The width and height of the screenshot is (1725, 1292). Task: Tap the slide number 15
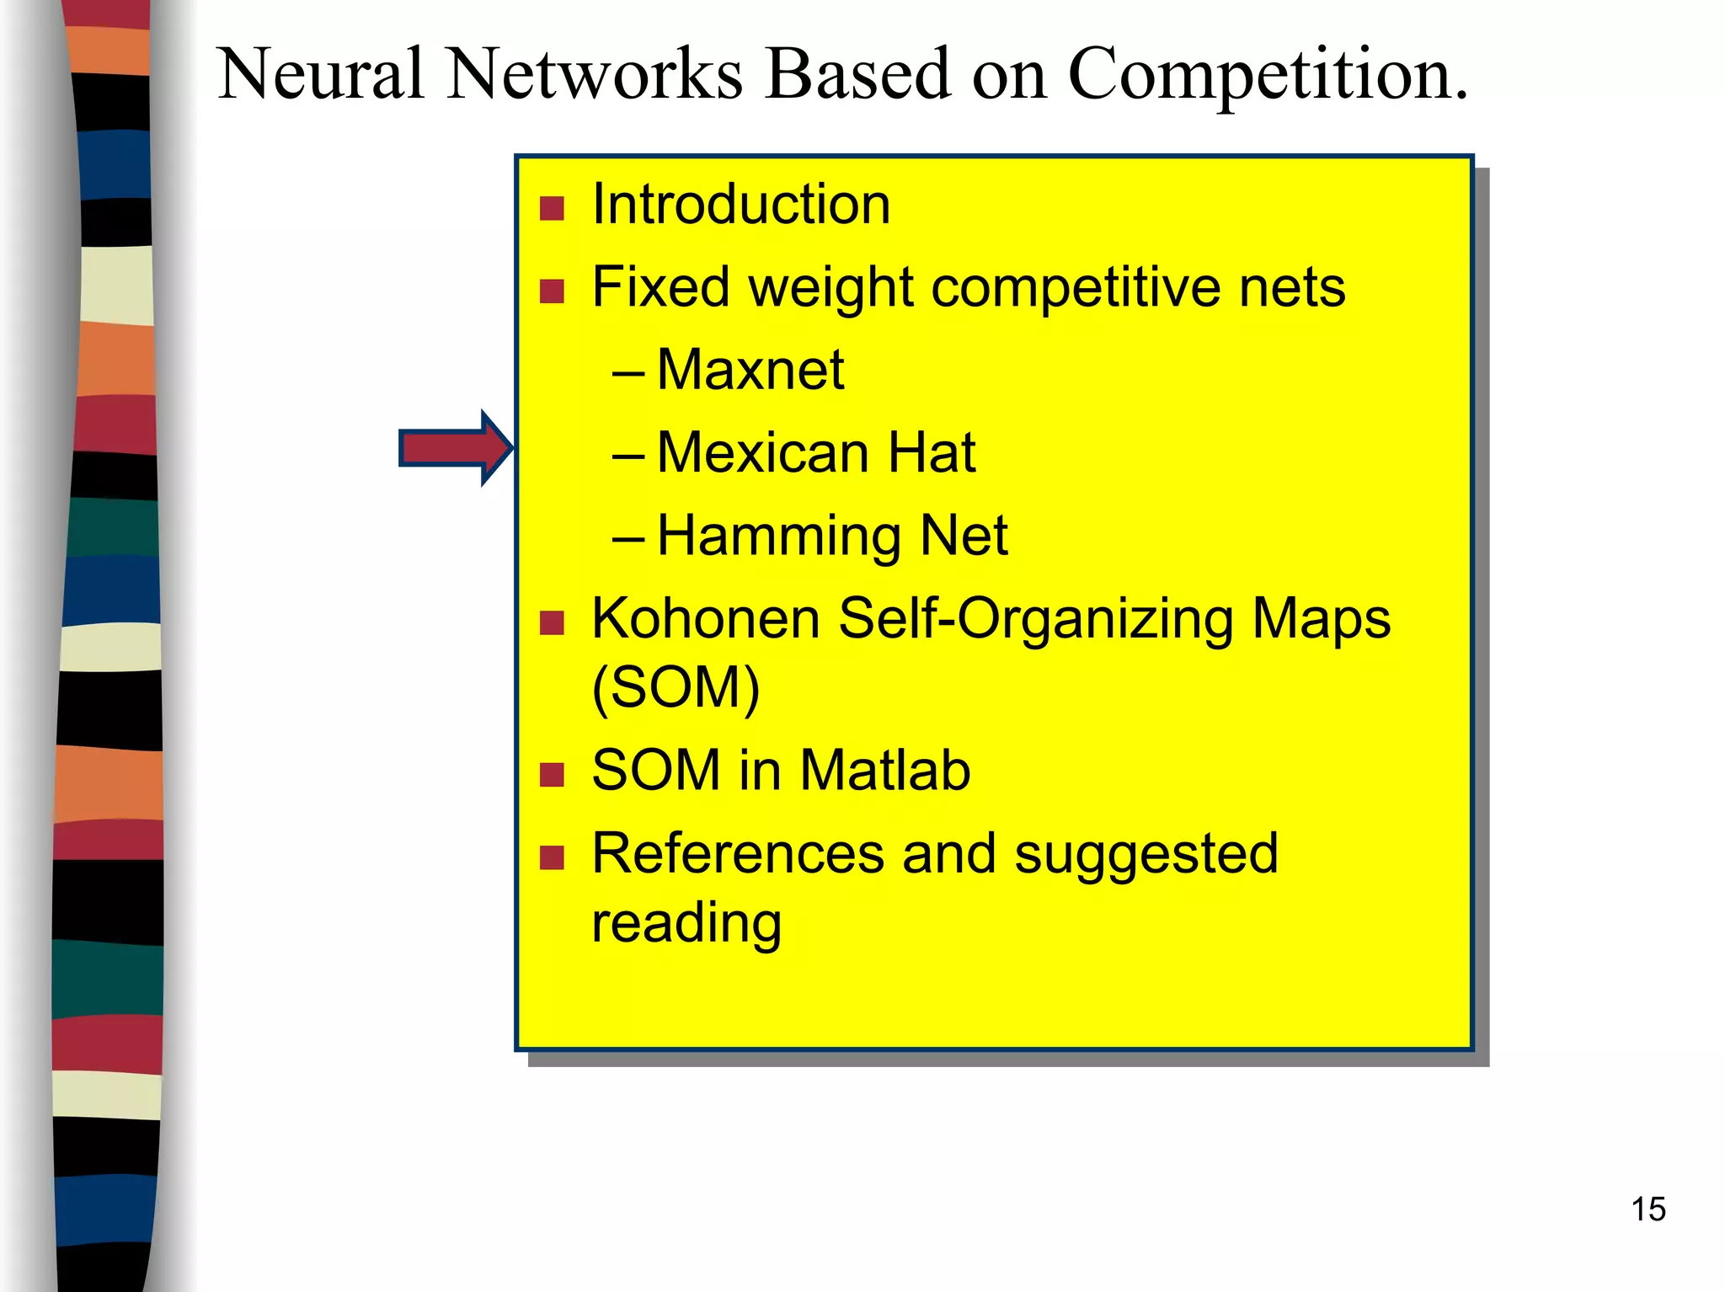[1648, 1209]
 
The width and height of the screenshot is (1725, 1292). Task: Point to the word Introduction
[740, 205]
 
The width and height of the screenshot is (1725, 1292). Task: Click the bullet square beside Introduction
[552, 208]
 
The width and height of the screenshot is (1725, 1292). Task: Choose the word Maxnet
[750, 370]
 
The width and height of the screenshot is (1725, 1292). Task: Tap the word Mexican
[762, 453]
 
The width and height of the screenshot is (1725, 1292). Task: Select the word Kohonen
[706, 619]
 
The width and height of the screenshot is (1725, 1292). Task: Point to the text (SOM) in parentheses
[676, 688]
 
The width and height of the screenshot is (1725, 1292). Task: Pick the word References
[738, 854]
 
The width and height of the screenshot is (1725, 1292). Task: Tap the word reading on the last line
[686, 924]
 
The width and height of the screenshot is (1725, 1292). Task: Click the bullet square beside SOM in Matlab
[552, 774]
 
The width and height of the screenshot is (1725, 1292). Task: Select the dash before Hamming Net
[628, 537]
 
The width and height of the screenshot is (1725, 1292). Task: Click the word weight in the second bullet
[830, 288]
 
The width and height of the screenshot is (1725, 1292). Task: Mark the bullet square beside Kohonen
[552, 622]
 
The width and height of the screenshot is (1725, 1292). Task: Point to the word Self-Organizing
[1036, 619]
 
